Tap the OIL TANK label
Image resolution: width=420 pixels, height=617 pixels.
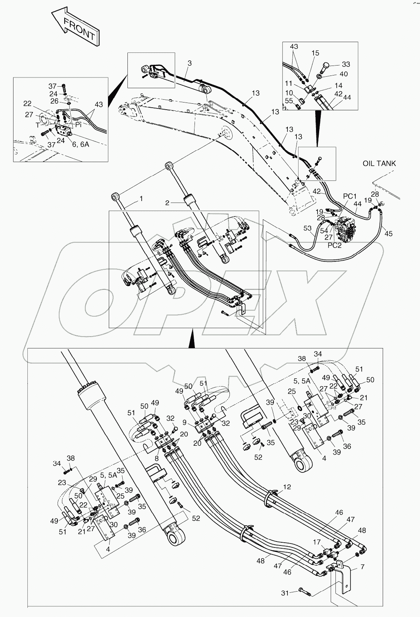coord(379,164)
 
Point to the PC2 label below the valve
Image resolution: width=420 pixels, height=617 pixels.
coord(335,245)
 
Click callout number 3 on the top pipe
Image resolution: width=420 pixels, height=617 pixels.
coord(189,63)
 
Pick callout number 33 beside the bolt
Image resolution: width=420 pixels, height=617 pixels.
coord(346,64)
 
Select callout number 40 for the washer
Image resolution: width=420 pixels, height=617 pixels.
coord(343,74)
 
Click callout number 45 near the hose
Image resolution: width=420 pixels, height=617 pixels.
coord(388,234)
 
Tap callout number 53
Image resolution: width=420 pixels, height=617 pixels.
coord(308,228)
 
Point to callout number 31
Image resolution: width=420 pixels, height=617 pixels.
coord(284,593)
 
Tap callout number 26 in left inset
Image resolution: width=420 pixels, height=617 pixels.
coord(54,101)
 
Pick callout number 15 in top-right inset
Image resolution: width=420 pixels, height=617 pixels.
coord(315,53)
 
